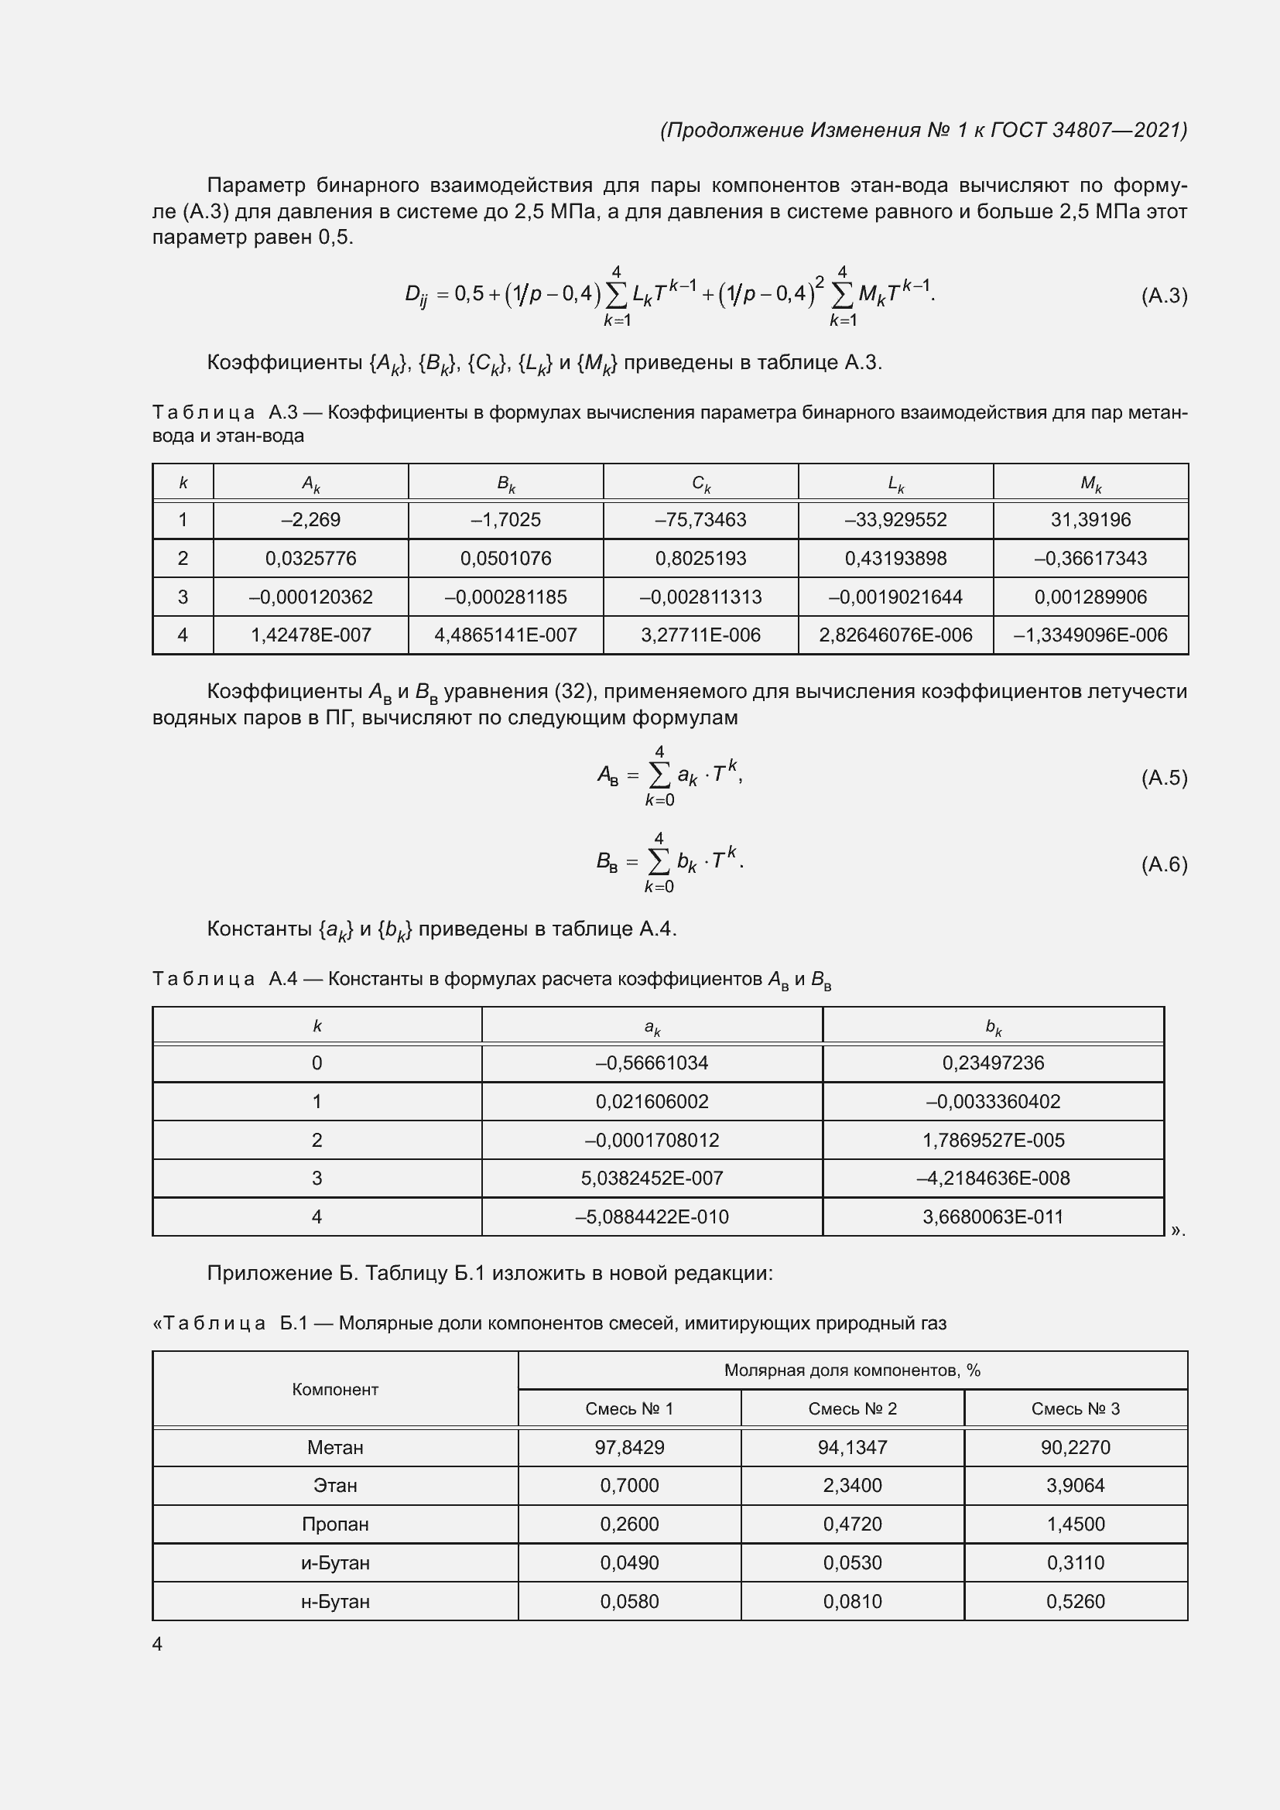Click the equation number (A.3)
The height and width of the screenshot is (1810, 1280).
1163,296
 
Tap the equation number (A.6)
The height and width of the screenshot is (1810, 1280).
1163,865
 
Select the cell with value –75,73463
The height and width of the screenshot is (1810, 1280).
700,519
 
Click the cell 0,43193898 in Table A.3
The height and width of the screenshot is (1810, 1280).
895,558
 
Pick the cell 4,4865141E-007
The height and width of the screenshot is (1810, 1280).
505,635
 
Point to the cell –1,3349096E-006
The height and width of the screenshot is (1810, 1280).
1090,635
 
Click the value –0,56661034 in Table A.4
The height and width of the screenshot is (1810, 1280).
652,1062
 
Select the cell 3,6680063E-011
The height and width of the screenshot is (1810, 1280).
992,1216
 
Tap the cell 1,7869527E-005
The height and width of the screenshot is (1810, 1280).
992,1140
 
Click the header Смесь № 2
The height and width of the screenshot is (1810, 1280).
852,1408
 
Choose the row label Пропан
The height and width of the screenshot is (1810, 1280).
335,1524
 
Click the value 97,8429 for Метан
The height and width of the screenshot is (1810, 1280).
629,1447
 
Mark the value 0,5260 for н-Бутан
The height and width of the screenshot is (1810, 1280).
1075,1601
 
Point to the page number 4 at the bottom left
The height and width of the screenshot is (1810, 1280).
157,1644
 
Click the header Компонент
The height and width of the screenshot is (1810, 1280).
335,1389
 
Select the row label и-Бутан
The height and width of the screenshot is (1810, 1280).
335,1562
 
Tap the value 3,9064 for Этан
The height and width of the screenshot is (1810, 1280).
1075,1485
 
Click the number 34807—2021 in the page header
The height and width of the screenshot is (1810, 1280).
1118,130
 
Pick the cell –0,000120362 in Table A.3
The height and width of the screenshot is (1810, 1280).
310,597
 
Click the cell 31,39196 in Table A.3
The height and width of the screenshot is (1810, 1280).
1090,519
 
